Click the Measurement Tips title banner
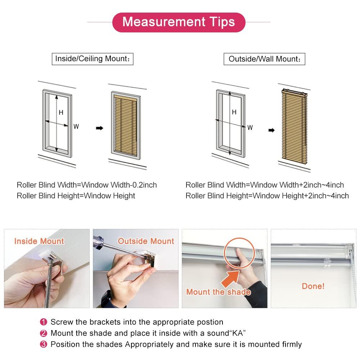(179, 22)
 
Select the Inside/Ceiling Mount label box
(93, 59)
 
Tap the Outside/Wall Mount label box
(264, 59)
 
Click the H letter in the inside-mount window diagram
(61, 113)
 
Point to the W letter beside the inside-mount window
(76, 127)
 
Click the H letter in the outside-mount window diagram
(234, 112)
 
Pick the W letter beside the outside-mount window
(250, 127)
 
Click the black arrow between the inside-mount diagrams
(99, 128)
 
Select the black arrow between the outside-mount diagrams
(272, 130)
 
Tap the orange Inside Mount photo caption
(39, 241)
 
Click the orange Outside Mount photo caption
(146, 241)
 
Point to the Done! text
(313, 286)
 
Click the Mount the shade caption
(218, 292)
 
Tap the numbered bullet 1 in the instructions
(44, 322)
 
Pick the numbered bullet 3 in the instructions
(44, 345)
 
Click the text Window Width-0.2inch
(119, 185)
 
